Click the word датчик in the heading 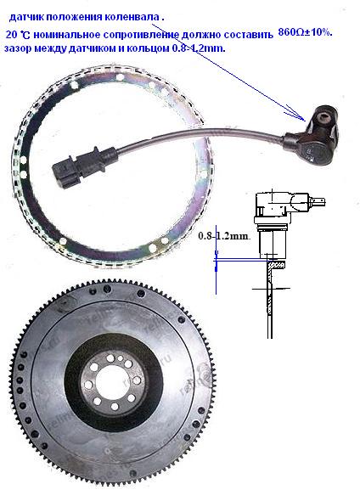click(x=26, y=17)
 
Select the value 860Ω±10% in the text click(x=305, y=32)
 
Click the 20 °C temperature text click(x=18, y=35)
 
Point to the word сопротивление click(x=141, y=35)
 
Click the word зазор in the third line click(x=16, y=49)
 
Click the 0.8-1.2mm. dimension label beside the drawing click(x=224, y=236)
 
